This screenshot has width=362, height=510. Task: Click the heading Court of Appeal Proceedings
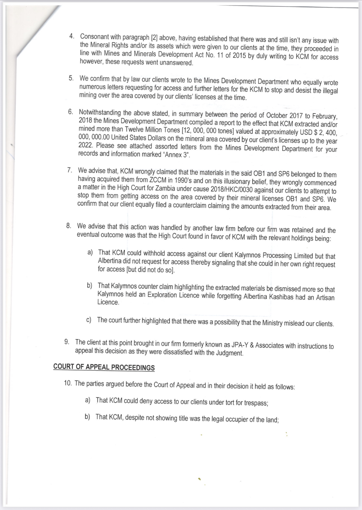[x=104, y=367]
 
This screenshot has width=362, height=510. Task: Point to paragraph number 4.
[x=72, y=37]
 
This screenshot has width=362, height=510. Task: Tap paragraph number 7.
[x=69, y=170]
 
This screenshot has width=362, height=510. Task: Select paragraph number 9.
[x=67, y=342]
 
